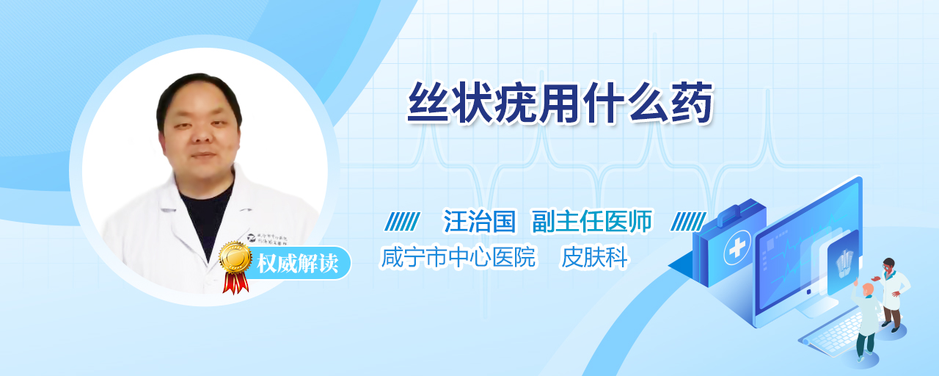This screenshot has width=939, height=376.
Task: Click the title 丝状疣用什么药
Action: point(560,104)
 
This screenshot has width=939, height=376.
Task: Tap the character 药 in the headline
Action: point(692,104)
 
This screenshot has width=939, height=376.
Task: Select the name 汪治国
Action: point(480,221)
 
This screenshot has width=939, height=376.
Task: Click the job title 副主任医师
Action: point(592,221)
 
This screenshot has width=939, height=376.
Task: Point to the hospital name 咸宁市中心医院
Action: point(458,257)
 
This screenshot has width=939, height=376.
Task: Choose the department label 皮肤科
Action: point(594,257)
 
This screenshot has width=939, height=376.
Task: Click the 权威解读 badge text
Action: point(297,264)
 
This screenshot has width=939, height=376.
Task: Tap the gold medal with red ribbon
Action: point(235,267)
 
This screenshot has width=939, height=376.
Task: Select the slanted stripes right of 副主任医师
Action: point(688,222)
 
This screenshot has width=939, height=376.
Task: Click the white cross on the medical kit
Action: point(737,247)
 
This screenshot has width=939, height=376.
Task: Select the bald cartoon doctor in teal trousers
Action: point(866,319)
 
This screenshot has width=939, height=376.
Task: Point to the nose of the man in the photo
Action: point(203,134)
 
